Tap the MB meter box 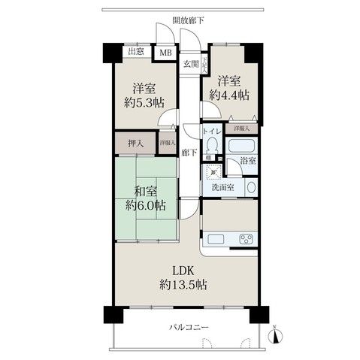point(165,53)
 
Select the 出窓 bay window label point(135,51)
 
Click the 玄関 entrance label point(190,65)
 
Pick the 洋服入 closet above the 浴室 point(241,128)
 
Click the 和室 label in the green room point(147,191)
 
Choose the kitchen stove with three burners point(247,241)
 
